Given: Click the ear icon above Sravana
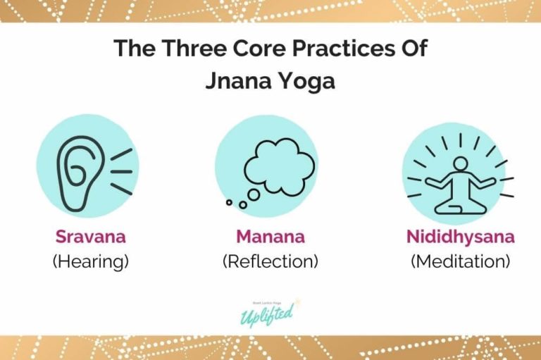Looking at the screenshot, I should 83,173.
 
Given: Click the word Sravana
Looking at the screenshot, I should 90,237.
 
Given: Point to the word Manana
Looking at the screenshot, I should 270,237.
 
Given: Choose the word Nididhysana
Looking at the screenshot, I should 460,237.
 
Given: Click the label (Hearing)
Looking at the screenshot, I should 90,261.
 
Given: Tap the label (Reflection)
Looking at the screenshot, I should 270,261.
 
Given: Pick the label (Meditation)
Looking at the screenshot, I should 460,261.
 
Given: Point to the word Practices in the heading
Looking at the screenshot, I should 342,49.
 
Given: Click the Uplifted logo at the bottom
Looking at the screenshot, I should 270,311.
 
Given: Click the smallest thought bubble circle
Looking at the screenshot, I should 230,203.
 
